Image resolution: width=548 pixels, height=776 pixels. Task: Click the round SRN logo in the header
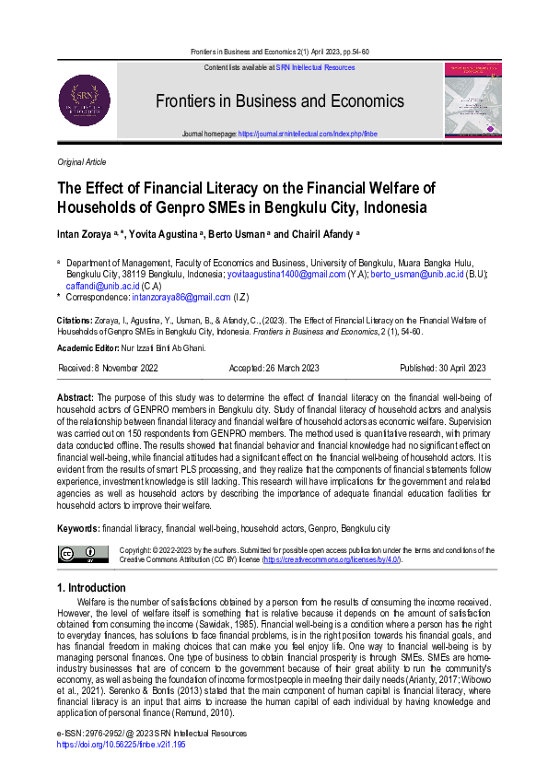tap(85, 100)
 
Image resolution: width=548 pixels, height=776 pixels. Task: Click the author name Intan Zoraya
tap(85, 234)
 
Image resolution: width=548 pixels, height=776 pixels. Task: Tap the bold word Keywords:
tap(78, 529)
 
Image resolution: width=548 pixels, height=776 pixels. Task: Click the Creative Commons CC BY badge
tap(83, 554)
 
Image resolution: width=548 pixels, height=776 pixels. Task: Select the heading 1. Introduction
tap(91, 588)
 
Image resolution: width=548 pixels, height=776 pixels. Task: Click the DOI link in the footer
tap(121, 743)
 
